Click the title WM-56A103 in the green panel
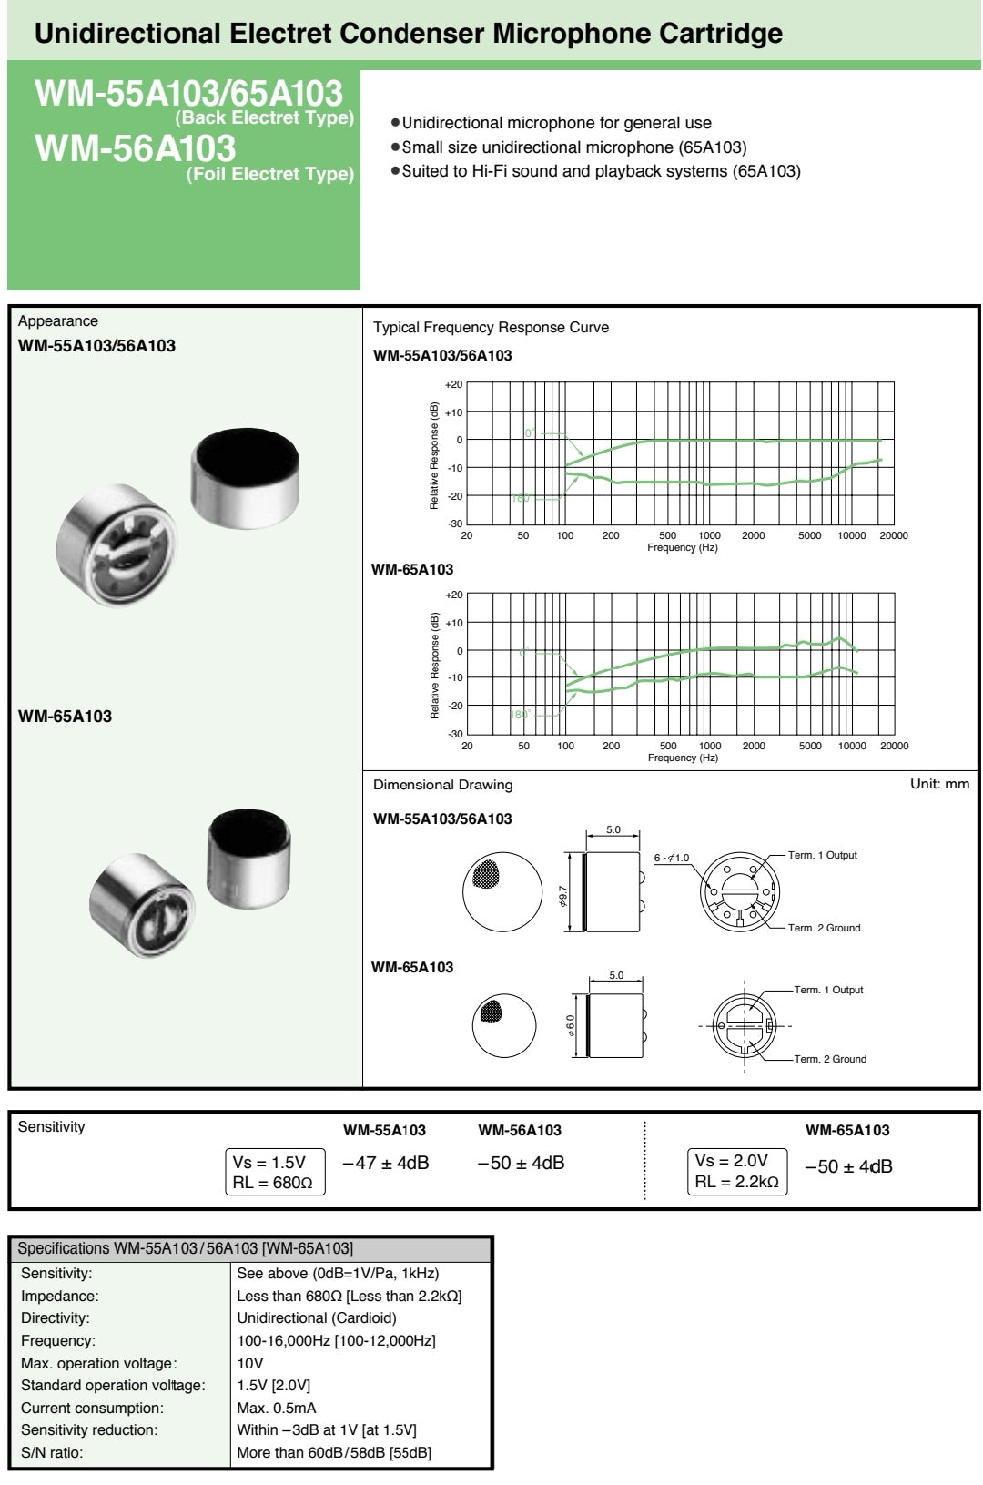(136, 147)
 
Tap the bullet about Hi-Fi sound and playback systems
(596, 171)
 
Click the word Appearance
(57, 320)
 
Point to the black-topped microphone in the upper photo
(245, 477)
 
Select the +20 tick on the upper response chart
(454, 384)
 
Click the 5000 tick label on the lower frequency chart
(810, 746)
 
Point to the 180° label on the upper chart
(521, 499)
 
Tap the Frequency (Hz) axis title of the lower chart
(683, 758)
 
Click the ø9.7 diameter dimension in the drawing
(562, 896)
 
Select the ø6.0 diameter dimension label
(571, 1025)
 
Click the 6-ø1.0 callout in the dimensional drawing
(672, 858)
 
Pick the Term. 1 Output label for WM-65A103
(828, 990)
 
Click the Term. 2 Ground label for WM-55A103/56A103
(824, 928)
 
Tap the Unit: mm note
(939, 784)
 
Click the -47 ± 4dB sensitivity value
(386, 1163)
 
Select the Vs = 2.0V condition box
(737, 1172)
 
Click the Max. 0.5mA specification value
(277, 1408)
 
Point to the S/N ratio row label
(52, 1452)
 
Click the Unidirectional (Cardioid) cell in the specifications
(317, 1318)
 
